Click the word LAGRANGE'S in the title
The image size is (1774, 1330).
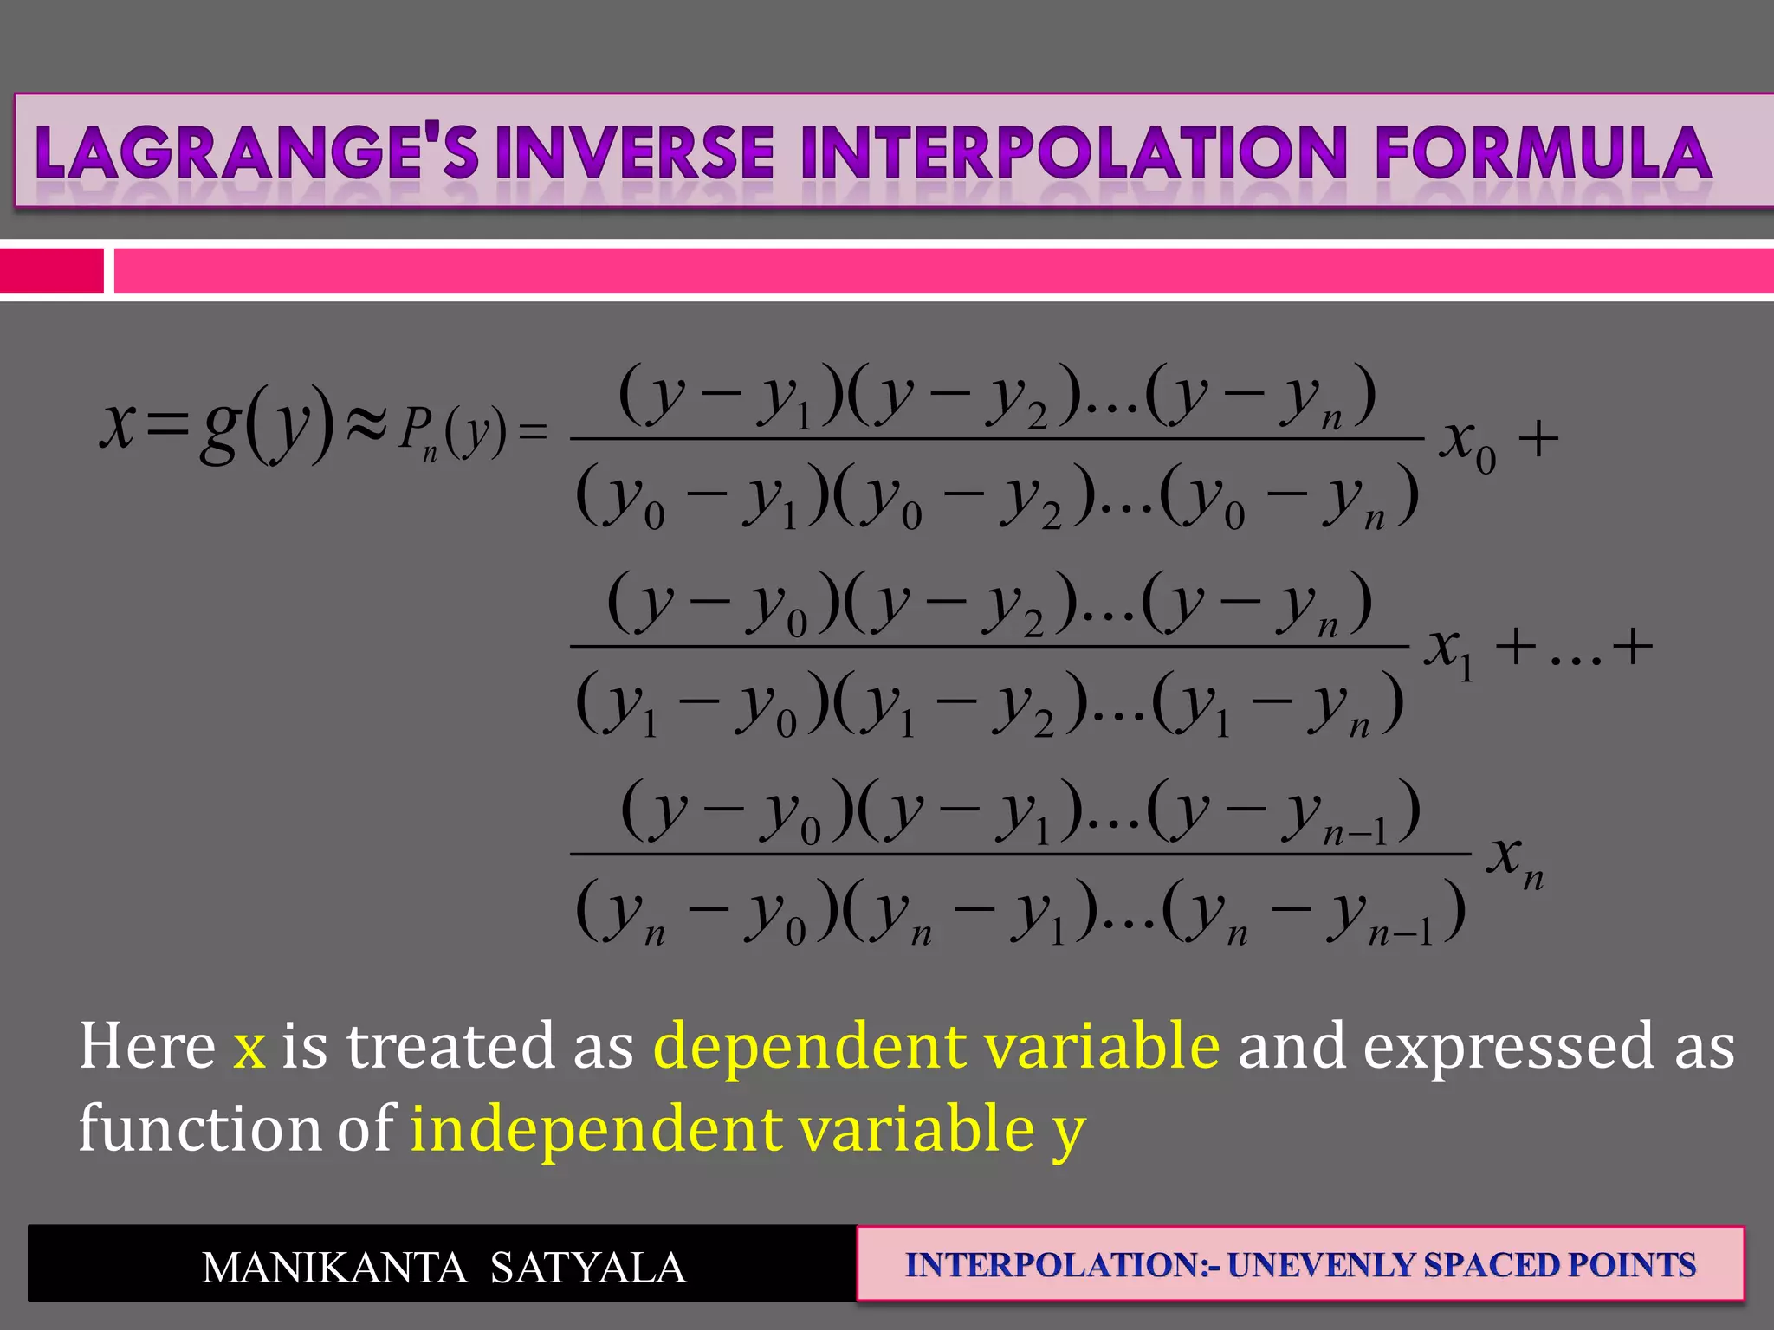point(256,153)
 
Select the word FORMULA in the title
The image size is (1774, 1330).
point(1543,153)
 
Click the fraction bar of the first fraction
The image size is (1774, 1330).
point(996,439)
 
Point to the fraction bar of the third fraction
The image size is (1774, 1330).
point(1020,854)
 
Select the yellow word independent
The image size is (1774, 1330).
point(594,1129)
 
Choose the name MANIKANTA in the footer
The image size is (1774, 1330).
point(333,1268)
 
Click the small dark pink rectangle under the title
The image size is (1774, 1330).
point(51,270)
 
